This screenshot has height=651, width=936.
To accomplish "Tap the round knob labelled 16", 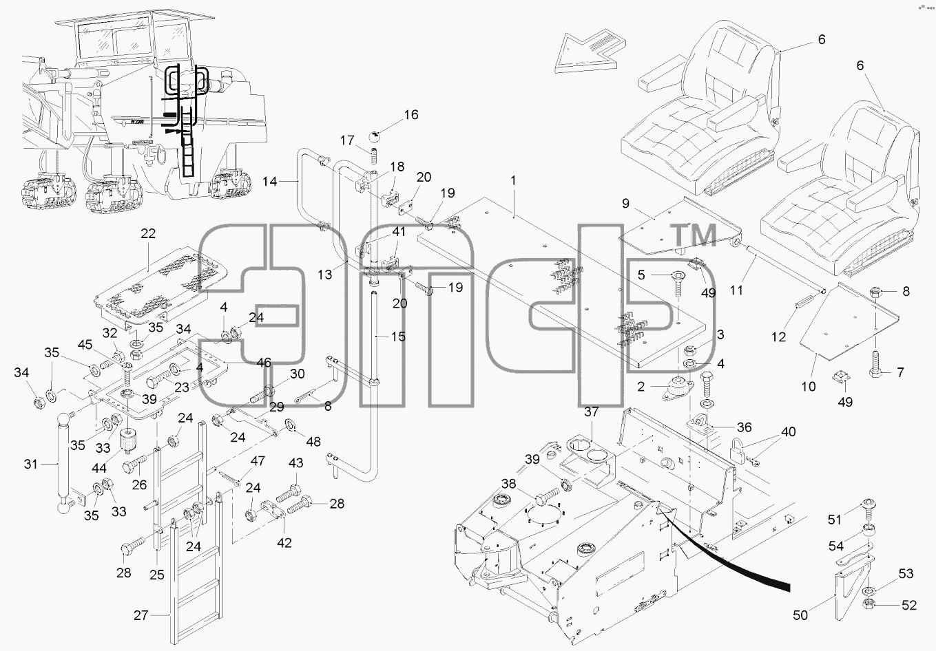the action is pyautogui.click(x=375, y=136).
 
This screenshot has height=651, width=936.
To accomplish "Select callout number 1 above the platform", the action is pyautogui.click(x=513, y=181).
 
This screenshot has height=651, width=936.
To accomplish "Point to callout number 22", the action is pyautogui.click(x=148, y=233).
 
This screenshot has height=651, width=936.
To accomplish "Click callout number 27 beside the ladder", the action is pyautogui.click(x=141, y=615).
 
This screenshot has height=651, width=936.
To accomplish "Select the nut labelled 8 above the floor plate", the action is pyautogui.click(x=876, y=292).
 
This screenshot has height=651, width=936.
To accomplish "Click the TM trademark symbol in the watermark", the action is pyautogui.click(x=694, y=235).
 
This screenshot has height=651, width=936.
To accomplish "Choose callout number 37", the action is pyautogui.click(x=591, y=412).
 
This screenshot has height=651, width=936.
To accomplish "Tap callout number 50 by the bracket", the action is pyautogui.click(x=800, y=615).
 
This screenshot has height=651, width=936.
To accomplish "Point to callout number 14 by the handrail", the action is pyautogui.click(x=269, y=181).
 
